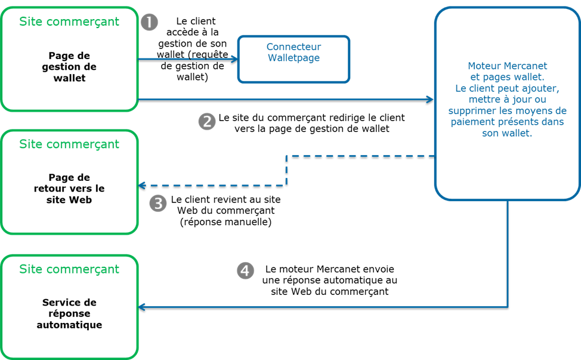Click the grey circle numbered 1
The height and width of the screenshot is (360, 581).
(149, 23)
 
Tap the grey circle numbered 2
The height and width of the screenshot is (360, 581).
(206, 122)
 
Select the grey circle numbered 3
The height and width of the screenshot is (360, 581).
(157, 204)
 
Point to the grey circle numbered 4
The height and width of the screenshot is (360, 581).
(245, 270)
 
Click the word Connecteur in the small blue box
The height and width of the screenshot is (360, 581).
(293, 47)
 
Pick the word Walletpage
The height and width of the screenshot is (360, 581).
(293, 58)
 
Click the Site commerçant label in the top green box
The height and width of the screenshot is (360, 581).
(69, 22)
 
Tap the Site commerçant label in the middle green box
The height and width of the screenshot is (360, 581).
(69, 144)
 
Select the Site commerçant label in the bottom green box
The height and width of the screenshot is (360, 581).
(69, 269)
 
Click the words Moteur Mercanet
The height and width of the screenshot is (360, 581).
(507, 66)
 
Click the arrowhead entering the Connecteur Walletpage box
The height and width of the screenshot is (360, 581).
(234, 59)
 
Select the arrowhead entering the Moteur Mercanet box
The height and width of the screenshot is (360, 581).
(431, 99)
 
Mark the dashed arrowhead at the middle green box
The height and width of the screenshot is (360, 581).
(142, 185)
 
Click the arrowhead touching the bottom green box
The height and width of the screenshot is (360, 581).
(142, 307)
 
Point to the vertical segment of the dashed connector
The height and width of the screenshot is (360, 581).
(287, 170)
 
